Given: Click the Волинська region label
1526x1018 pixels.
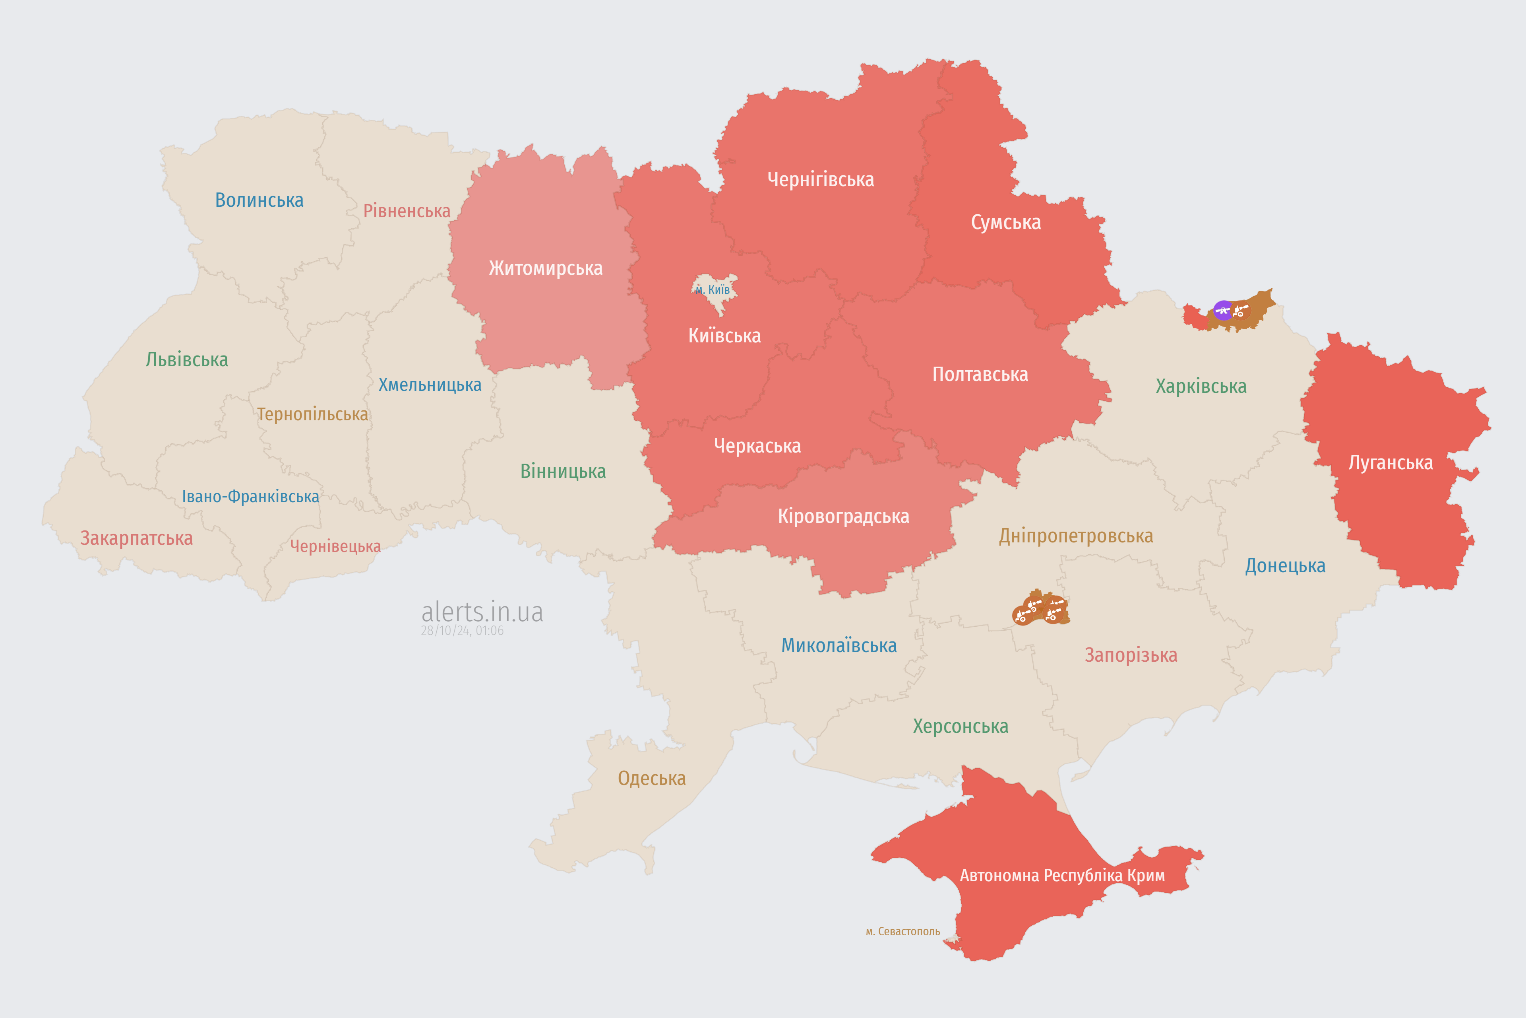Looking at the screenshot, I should (259, 200).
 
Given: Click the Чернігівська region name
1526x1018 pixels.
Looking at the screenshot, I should (820, 179).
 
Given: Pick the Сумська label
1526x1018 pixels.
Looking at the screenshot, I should (1006, 223).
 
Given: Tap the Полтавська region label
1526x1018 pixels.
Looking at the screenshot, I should (980, 375).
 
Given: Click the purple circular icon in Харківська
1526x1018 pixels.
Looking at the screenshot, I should (1223, 310).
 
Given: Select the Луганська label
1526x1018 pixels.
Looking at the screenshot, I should (1390, 463).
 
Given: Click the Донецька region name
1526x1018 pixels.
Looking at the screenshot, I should (1285, 565).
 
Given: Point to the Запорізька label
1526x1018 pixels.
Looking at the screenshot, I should (1131, 655).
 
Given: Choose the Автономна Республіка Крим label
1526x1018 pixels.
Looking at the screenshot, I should (1062, 876).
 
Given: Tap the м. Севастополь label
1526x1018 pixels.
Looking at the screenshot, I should (902, 932).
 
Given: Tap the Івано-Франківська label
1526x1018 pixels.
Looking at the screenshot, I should (250, 497).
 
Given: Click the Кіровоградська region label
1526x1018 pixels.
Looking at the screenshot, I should (843, 517).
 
